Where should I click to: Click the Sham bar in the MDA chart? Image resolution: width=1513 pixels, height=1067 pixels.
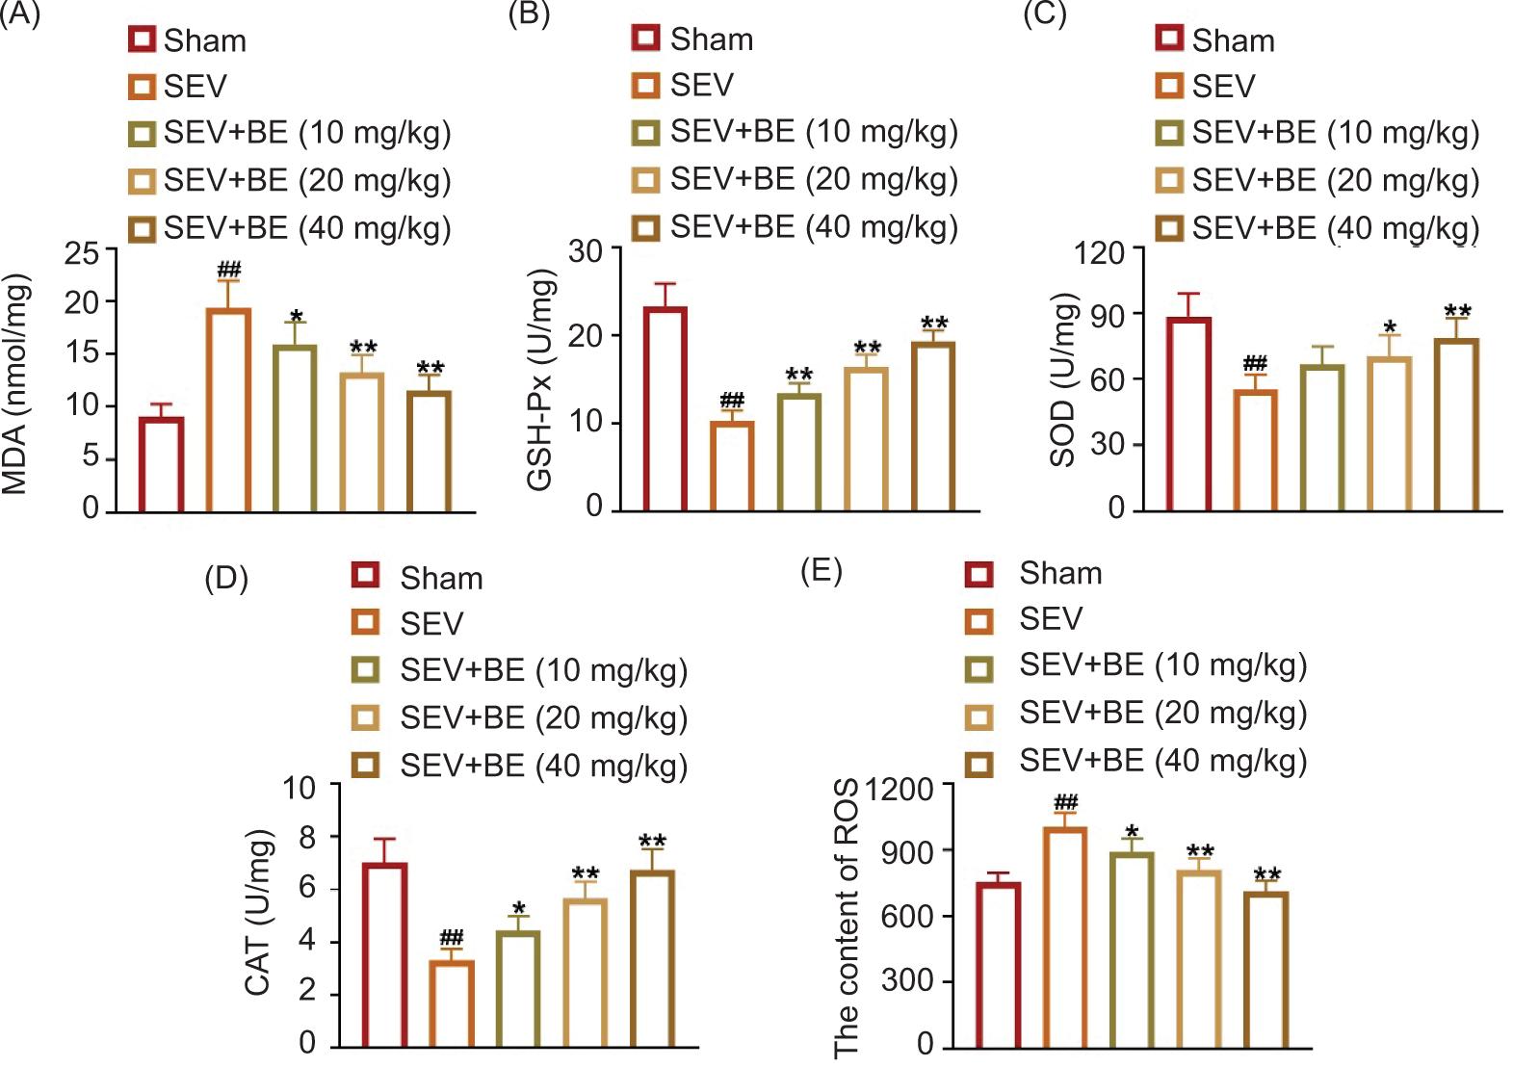(162, 464)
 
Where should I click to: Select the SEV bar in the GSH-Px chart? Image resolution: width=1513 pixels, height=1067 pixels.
(732, 466)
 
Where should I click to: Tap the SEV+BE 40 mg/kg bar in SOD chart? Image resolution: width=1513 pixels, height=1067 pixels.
(1456, 425)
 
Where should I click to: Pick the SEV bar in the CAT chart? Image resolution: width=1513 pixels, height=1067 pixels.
(452, 1003)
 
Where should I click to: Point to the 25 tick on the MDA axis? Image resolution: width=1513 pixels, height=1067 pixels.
(82, 252)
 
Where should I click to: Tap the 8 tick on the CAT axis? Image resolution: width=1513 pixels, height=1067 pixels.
(308, 837)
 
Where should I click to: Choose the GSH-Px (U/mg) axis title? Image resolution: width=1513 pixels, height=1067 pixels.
(541, 379)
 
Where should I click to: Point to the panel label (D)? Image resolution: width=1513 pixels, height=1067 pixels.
(226, 578)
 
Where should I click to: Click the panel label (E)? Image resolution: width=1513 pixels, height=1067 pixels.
(822, 570)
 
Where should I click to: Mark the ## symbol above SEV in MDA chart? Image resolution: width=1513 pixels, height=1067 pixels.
(229, 269)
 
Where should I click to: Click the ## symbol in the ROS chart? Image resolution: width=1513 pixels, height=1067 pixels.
(1065, 802)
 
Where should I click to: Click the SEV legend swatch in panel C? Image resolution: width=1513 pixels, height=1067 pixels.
(1169, 87)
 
